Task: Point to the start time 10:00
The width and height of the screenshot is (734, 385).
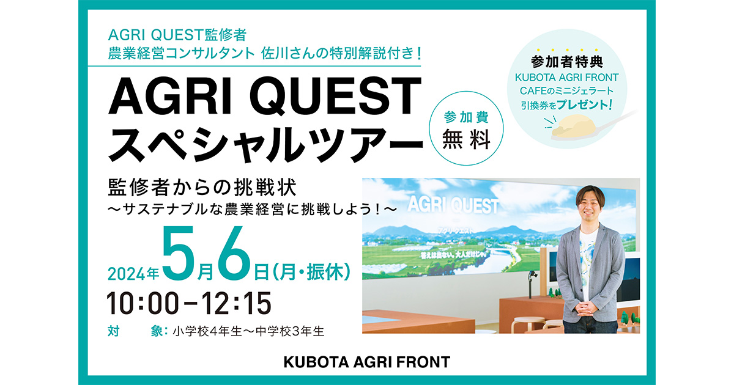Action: coord(143,303)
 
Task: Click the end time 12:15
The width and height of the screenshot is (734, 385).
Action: coord(236,303)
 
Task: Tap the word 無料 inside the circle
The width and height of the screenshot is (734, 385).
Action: coord(466,139)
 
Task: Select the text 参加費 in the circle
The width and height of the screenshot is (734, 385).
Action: coord(466,117)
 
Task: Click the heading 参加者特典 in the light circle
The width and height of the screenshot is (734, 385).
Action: coord(567,62)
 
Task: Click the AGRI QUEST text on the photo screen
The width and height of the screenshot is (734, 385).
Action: coord(453,205)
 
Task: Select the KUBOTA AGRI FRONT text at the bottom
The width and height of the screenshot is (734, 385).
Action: coord(366,362)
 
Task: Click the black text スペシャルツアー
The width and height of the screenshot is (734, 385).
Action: coord(265,144)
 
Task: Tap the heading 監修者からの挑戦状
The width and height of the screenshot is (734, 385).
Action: coord(202,188)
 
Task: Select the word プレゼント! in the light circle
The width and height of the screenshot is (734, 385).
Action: coord(584,105)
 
